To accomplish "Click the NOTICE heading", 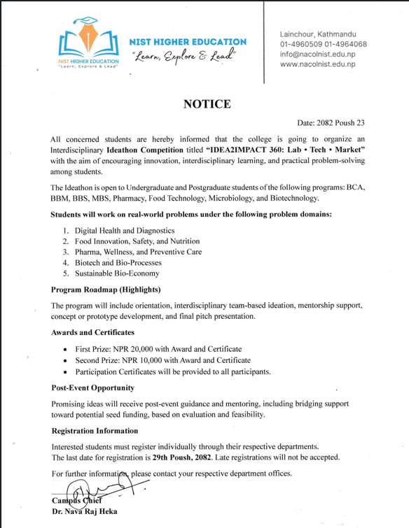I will [x=207, y=104].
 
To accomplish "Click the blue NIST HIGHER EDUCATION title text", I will [x=188, y=42].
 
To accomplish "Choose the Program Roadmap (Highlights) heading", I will [x=106, y=290].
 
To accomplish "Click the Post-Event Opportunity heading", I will [x=93, y=387].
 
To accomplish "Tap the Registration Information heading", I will [x=95, y=431].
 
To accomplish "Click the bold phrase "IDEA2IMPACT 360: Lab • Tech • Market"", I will [x=280, y=150].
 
